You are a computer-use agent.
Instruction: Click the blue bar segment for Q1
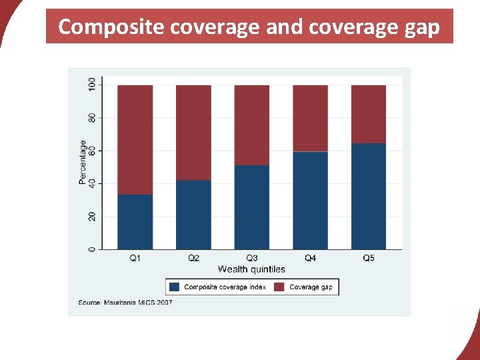coord(135,222)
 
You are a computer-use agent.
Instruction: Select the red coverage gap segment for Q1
coord(135,140)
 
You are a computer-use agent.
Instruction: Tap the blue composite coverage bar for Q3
coord(252,207)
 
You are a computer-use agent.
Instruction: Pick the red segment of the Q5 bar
coord(369,114)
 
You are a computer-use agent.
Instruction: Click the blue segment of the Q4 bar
coord(311,201)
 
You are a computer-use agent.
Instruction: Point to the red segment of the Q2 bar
coord(193,133)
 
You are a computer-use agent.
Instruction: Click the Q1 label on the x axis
coord(135,258)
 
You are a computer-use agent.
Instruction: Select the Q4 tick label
coord(311,258)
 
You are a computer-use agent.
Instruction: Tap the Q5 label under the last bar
coord(369,258)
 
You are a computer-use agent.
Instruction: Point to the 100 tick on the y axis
coord(92,85)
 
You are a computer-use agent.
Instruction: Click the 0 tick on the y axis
coord(92,249)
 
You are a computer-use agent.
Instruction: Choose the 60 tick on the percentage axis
coord(92,151)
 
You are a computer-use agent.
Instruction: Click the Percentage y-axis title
coord(83,162)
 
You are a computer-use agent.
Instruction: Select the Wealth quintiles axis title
coord(251,269)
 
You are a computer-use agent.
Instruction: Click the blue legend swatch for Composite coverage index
coord(175,287)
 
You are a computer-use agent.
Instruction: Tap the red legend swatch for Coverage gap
coord(279,287)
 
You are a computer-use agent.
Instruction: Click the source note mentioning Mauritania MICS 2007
coord(125,303)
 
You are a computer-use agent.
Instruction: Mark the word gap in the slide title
coord(421,27)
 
